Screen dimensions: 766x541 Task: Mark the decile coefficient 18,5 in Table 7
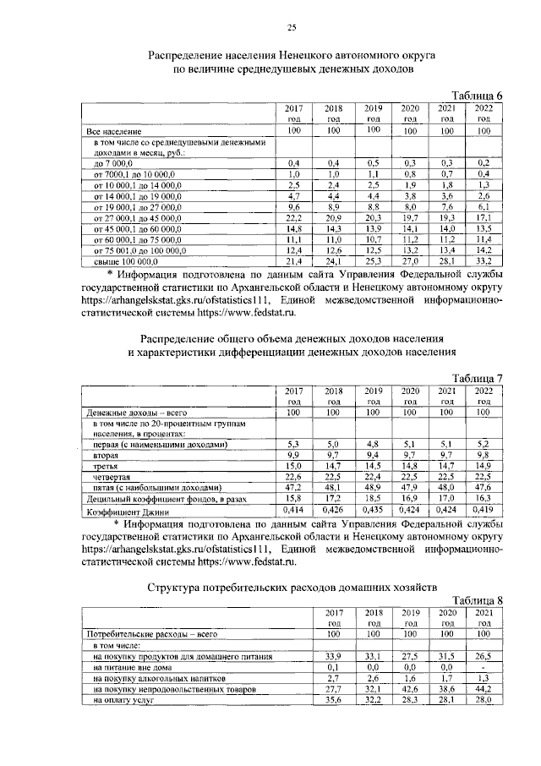pos(373,499)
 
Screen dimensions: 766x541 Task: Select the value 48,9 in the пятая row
pos(373,488)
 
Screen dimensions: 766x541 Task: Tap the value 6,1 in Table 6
pos(484,205)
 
